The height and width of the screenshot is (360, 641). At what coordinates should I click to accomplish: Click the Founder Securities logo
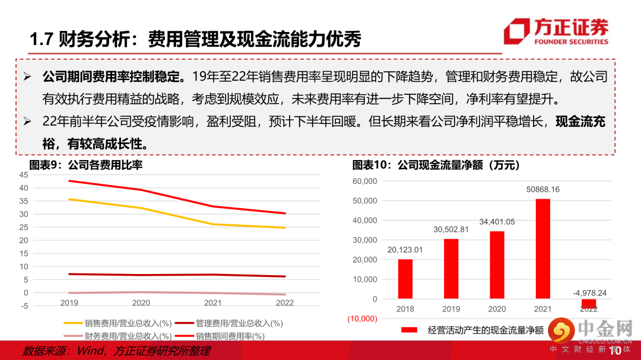click(x=556, y=33)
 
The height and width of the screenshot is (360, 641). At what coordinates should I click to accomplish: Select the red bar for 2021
click(x=542, y=249)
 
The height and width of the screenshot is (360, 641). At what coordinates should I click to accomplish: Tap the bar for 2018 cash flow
click(x=405, y=279)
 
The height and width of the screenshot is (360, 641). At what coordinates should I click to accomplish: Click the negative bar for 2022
click(x=588, y=303)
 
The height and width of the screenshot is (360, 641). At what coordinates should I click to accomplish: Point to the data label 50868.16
click(x=543, y=190)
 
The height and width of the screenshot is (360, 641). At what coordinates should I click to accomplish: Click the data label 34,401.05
click(x=497, y=222)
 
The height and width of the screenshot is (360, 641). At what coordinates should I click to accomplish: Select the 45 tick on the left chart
click(x=24, y=175)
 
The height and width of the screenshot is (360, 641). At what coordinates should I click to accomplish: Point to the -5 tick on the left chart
click(x=24, y=305)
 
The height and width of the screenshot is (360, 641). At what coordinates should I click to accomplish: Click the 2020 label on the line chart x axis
click(x=141, y=302)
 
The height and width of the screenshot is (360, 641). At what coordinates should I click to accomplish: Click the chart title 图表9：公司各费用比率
click(x=86, y=165)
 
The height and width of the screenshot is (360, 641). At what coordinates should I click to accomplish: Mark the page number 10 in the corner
click(x=615, y=351)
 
